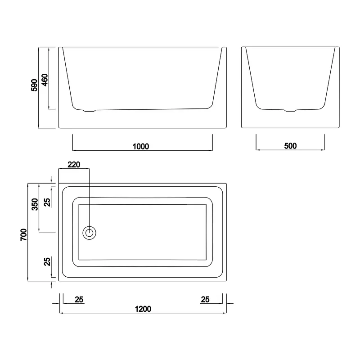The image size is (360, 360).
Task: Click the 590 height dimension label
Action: (x=34, y=85)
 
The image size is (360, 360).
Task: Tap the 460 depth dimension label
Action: (x=45, y=80)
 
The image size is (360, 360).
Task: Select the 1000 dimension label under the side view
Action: (x=141, y=146)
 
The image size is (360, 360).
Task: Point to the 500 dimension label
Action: (x=290, y=146)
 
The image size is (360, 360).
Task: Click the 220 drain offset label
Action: (x=74, y=164)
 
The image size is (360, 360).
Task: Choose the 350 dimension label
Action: (x=35, y=204)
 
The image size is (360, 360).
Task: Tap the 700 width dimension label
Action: (x=24, y=234)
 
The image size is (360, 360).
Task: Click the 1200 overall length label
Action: (x=143, y=309)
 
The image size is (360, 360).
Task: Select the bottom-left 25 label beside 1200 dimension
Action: (x=79, y=299)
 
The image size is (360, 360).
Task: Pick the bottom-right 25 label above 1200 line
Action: (x=205, y=299)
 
